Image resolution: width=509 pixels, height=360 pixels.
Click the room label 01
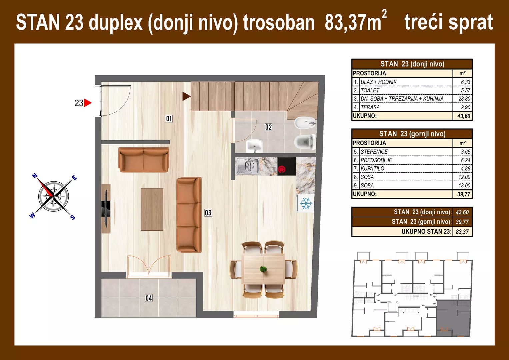(x=169, y=119)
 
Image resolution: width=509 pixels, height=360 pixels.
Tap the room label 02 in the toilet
(x=268, y=127)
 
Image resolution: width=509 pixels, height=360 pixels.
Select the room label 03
(x=208, y=213)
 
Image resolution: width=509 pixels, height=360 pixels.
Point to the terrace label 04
(x=149, y=298)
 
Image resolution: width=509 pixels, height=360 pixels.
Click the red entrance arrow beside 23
(x=88, y=103)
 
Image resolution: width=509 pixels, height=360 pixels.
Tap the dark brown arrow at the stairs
(x=186, y=96)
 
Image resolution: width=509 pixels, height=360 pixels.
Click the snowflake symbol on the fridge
(x=306, y=203)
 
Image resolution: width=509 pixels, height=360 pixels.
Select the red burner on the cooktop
(x=282, y=170)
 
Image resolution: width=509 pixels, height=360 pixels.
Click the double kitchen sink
(x=248, y=166)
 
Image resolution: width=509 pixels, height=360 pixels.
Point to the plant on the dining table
(x=264, y=269)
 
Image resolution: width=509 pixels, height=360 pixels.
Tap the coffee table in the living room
(x=152, y=209)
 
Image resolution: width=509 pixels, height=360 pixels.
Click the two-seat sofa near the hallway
(x=144, y=160)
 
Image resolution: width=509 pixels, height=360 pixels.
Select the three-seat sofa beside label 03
(x=189, y=215)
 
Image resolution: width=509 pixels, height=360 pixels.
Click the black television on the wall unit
(x=106, y=209)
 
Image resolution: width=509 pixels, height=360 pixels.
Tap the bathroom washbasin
(x=255, y=146)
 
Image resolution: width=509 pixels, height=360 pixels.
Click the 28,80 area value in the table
(x=464, y=99)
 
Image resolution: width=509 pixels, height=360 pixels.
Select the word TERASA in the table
(x=370, y=107)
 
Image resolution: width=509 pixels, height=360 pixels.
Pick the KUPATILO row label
(x=372, y=169)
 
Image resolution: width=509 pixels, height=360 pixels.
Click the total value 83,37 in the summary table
(x=462, y=232)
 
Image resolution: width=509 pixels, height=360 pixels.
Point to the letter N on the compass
(x=35, y=176)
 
